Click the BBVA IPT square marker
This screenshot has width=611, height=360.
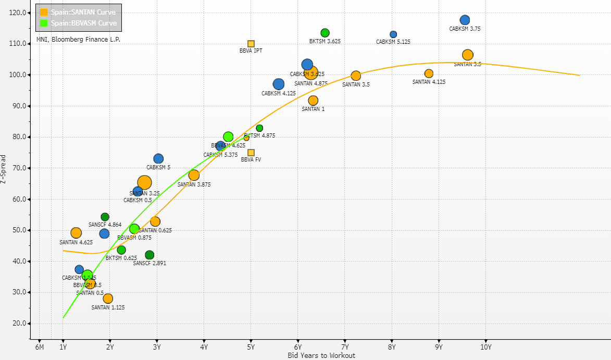click(251, 44)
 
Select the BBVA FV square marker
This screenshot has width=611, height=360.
click(251, 153)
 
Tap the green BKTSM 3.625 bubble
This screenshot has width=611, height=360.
click(325, 33)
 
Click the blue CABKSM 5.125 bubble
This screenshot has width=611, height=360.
click(393, 34)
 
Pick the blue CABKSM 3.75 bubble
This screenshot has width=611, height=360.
click(465, 20)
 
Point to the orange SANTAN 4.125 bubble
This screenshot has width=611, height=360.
click(429, 73)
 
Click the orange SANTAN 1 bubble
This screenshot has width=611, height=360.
click(313, 101)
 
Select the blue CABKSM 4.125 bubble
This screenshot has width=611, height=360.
click(279, 84)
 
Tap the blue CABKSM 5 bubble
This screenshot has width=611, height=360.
click(158, 159)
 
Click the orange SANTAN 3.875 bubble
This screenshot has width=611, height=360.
click(194, 176)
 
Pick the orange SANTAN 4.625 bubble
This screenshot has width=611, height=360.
click(76, 233)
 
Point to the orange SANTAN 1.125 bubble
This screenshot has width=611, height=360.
click(108, 299)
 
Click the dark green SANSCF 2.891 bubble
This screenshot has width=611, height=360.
click(149, 255)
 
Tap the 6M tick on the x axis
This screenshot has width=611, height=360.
click(39, 347)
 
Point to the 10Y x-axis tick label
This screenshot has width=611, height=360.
click(485, 347)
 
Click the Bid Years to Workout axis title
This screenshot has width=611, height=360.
click(321, 355)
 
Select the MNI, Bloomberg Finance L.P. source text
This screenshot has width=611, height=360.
click(78, 39)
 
